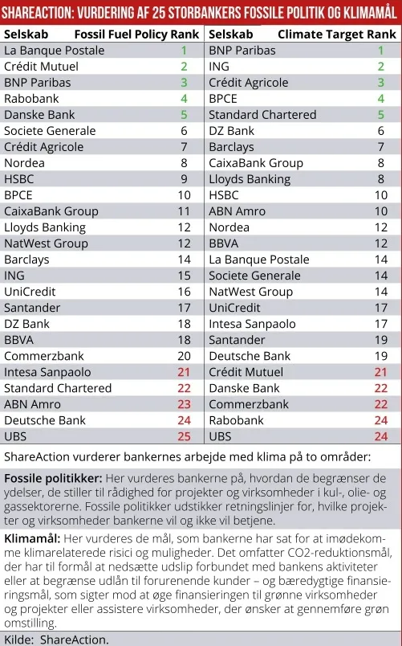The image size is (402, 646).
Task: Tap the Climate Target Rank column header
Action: (x=337, y=35)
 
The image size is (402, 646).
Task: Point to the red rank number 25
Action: (x=184, y=435)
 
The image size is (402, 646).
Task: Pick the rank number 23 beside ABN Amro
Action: (x=184, y=403)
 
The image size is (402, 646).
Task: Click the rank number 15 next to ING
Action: (x=184, y=275)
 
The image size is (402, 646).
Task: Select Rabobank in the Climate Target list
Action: (x=236, y=419)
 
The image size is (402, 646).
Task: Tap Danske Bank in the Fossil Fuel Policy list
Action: (x=40, y=114)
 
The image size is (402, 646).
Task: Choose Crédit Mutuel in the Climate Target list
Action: (x=246, y=371)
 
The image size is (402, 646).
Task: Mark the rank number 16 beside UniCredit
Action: (x=184, y=291)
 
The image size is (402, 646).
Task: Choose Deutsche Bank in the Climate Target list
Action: (x=250, y=355)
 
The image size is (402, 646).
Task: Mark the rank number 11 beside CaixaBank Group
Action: (x=184, y=211)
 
